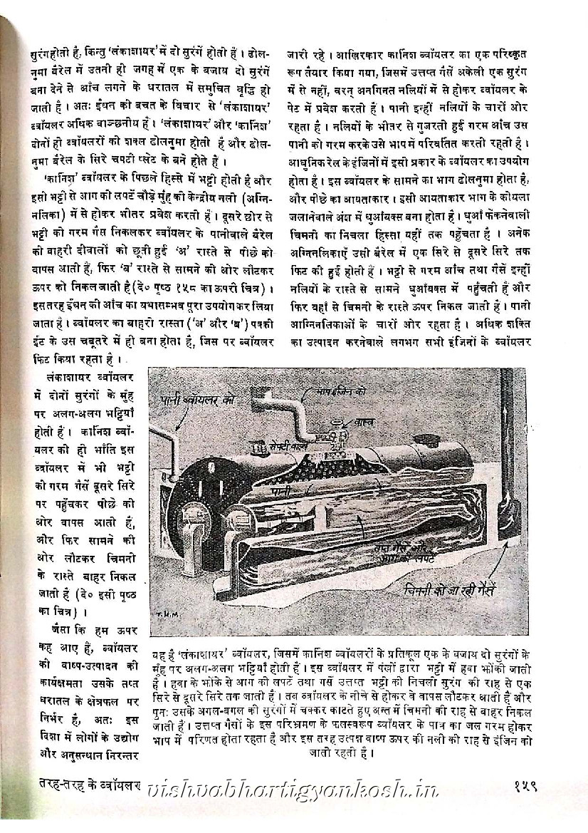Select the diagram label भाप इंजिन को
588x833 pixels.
click(x=331, y=391)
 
